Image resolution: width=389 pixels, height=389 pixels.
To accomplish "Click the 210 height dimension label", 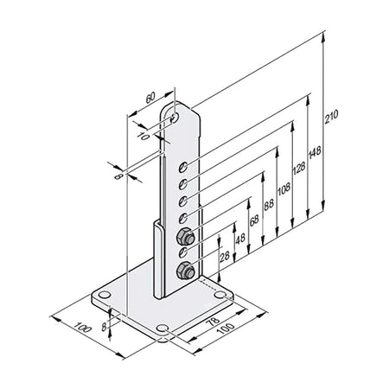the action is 331,117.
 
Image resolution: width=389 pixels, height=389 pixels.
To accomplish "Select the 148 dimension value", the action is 315,152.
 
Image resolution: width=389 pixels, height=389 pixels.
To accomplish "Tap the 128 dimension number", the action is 298,168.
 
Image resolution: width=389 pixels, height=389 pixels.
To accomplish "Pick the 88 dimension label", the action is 269,205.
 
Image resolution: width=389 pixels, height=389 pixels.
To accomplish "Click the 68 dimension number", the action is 254,220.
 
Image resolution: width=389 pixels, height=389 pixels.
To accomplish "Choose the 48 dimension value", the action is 240,239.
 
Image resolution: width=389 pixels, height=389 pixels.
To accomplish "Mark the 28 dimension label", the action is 225,256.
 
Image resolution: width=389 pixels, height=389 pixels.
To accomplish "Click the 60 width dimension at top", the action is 150,98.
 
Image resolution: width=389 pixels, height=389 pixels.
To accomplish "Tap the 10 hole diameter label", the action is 143,136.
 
